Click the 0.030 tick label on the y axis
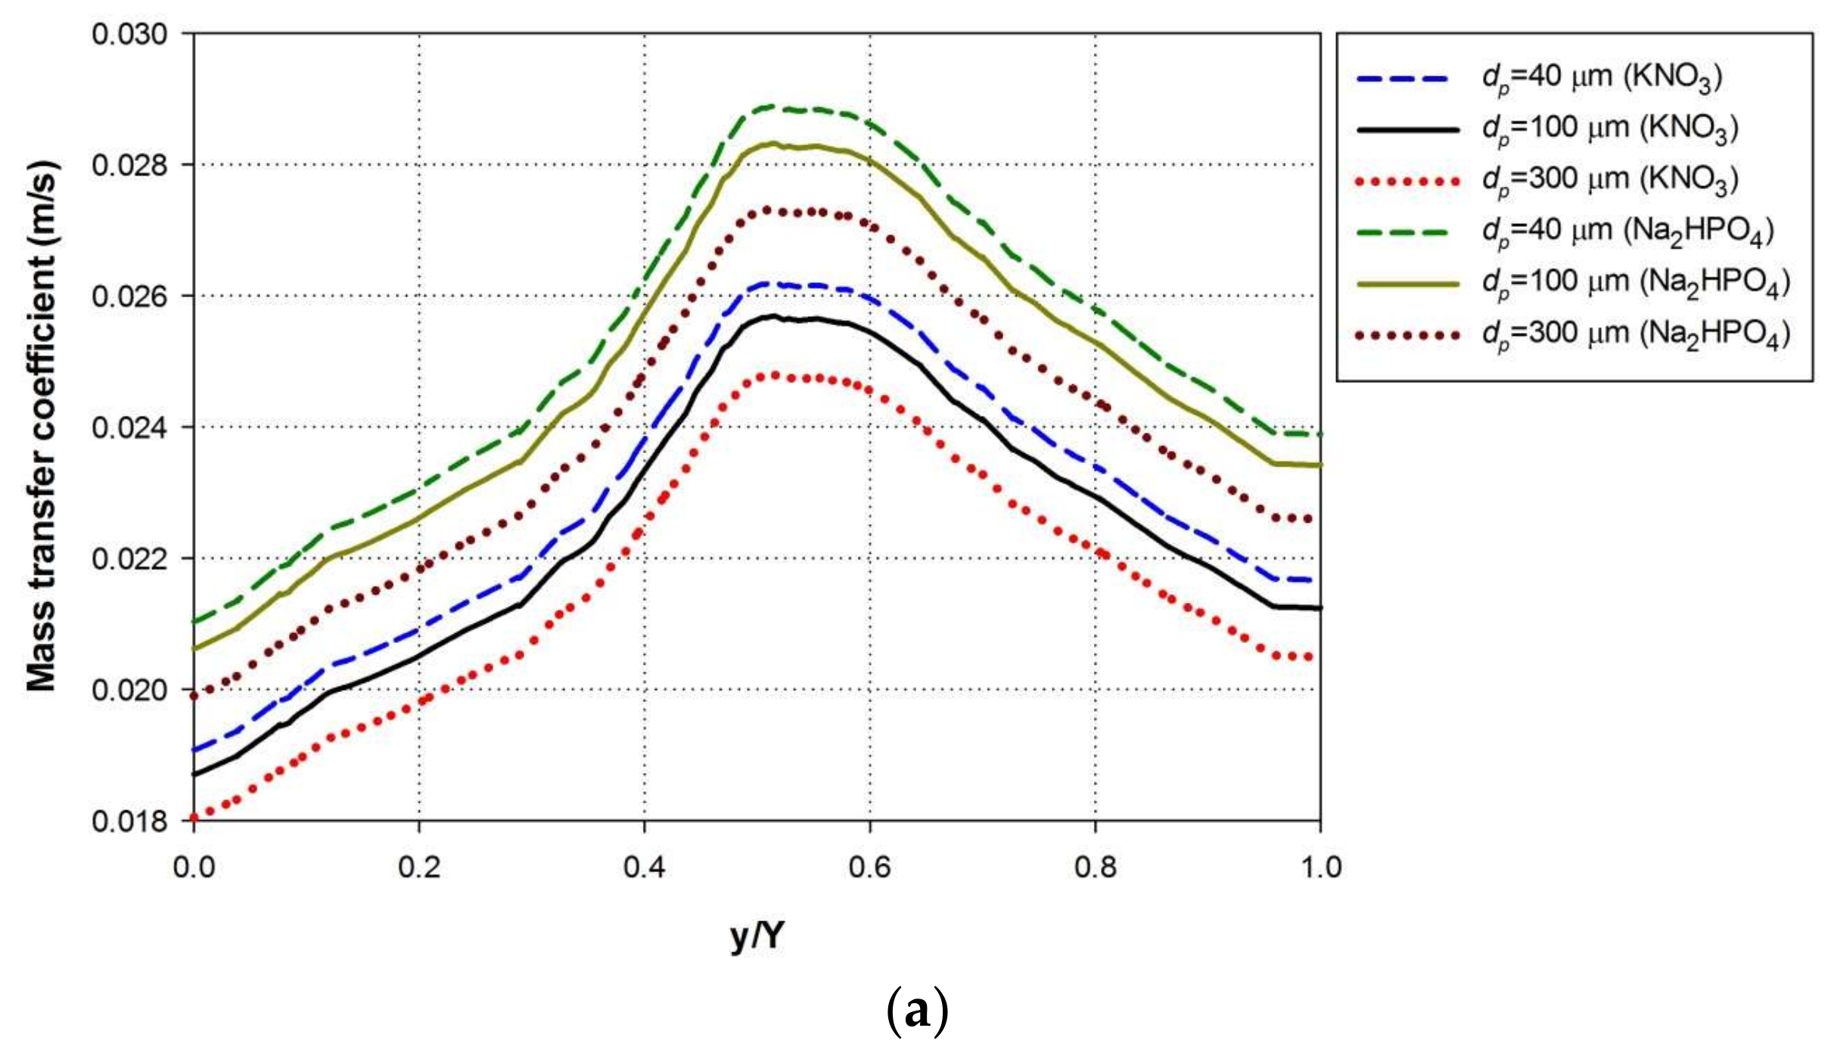pyautogui.click(x=129, y=35)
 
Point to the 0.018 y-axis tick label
pyautogui.click(x=129, y=821)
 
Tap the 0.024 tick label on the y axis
pyautogui.click(x=129, y=428)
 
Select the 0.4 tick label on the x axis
pyautogui.click(x=644, y=867)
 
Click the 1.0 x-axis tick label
pyautogui.click(x=1321, y=867)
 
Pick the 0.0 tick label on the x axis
pyautogui.click(x=194, y=867)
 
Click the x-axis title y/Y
pyautogui.click(x=757, y=936)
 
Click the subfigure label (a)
pyautogui.click(x=917, y=1011)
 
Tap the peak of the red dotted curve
pyautogui.click(x=773, y=375)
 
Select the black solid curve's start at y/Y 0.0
pyautogui.click(x=195, y=774)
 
